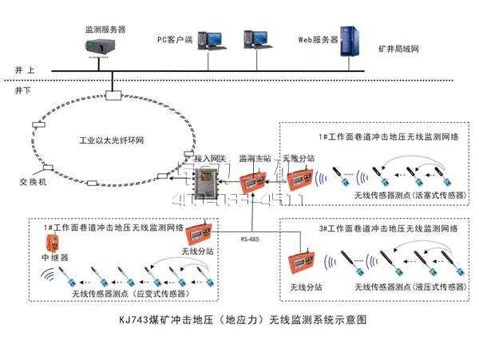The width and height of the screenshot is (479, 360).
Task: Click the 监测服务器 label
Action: click(x=105, y=30)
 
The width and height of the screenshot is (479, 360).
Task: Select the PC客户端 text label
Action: click(x=175, y=38)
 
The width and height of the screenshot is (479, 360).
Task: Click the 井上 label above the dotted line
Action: click(x=25, y=70)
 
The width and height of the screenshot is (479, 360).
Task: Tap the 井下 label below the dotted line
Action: click(x=25, y=90)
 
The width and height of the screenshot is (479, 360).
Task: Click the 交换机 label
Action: click(x=34, y=182)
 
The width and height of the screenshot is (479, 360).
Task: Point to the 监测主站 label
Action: click(x=253, y=159)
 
